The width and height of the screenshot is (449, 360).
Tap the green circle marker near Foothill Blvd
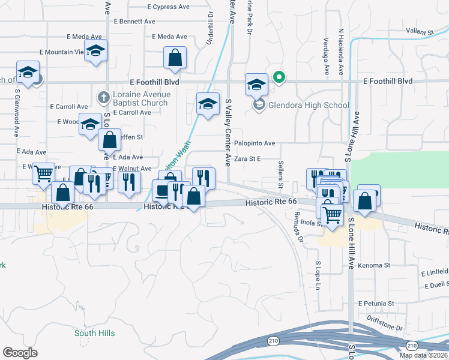[279, 77]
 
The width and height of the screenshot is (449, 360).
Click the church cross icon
[103, 97]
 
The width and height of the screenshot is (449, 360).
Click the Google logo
[19, 352]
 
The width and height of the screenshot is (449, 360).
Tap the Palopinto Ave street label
[255, 143]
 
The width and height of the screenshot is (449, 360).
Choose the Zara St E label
[248, 159]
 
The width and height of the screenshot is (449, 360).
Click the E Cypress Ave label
[169, 7]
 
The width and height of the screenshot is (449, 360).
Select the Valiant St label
[419, 31]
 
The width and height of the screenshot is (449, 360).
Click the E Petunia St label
[376, 304]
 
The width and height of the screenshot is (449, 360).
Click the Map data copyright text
[423, 355]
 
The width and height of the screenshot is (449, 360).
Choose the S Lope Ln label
[318, 274]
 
